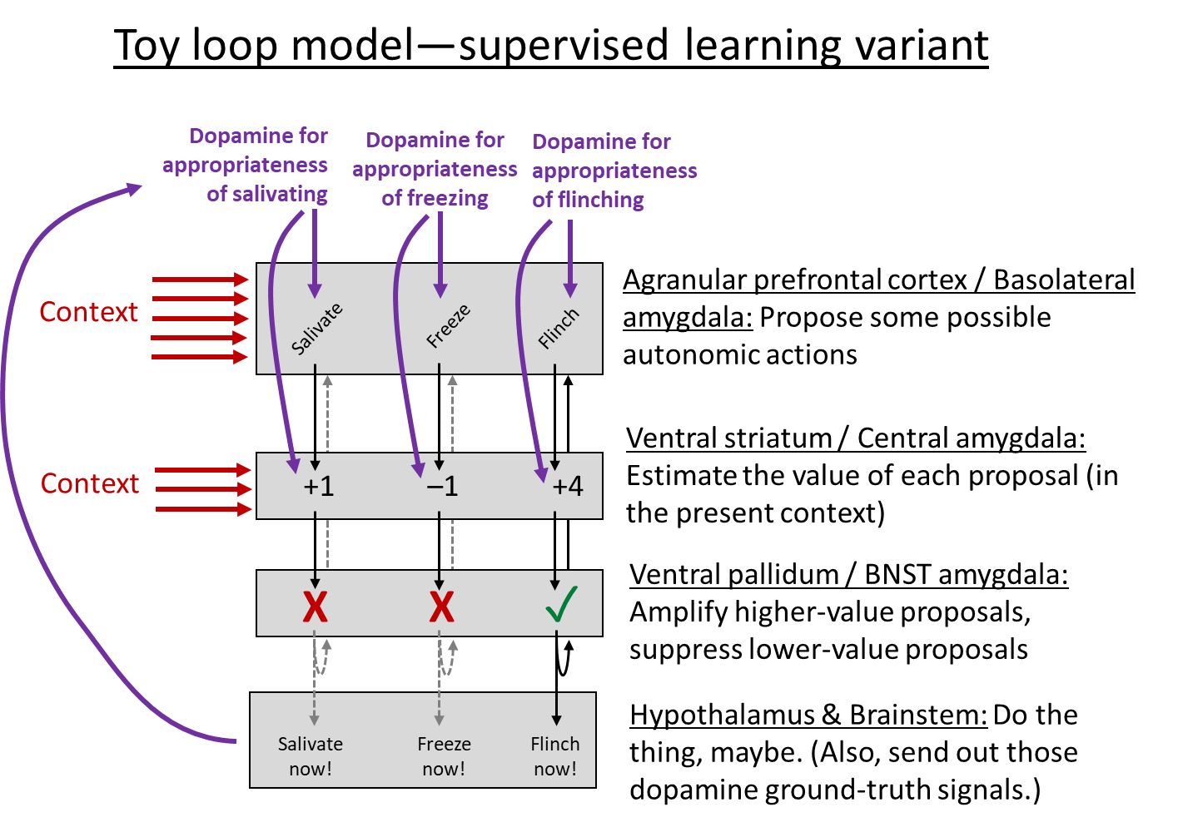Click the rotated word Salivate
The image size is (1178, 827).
(316, 329)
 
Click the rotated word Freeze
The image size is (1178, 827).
(448, 326)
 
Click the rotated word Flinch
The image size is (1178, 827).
(558, 329)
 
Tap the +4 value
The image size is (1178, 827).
(568, 486)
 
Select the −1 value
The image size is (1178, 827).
(442, 486)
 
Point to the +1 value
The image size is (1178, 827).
(319, 486)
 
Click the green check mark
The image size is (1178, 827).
(561, 605)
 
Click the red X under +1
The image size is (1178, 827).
(315, 607)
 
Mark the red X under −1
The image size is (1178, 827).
(441, 607)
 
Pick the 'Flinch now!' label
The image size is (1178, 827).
(555, 756)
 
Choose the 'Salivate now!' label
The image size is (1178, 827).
(311, 756)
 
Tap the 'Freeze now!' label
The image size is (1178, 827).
(444, 756)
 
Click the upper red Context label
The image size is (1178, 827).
(89, 313)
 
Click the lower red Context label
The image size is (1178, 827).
(90, 484)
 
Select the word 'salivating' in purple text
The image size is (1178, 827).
(280, 195)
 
